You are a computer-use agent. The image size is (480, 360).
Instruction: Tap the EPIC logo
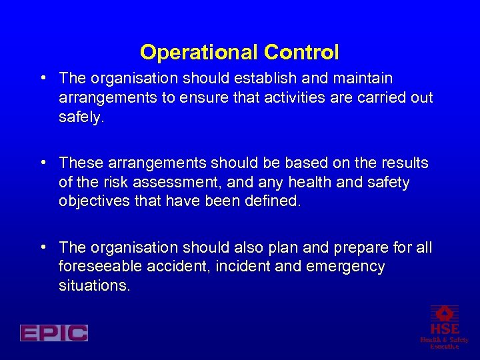pos(54,333)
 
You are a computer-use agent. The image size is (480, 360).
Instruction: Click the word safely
pos(82,117)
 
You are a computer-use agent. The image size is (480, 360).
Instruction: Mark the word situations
pos(94,285)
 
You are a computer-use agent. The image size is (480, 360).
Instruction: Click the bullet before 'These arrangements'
pos(43,162)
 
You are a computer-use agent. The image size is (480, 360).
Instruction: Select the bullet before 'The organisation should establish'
pos(43,77)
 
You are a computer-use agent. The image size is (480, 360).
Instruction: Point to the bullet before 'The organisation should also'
pos(43,247)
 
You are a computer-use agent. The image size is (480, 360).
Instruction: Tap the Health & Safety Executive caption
pos(444,343)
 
